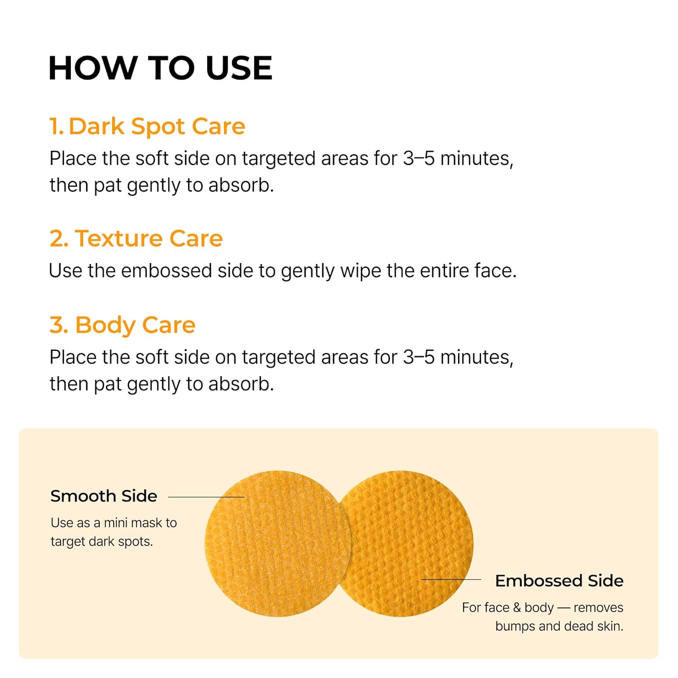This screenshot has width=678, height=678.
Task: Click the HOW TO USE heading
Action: point(160,68)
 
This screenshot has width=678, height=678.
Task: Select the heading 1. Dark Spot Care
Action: point(147,126)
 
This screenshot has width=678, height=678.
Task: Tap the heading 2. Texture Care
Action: point(136,238)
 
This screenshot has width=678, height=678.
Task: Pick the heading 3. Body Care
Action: point(122,325)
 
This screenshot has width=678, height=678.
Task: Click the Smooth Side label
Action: point(104,496)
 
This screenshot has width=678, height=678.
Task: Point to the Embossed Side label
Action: point(559,581)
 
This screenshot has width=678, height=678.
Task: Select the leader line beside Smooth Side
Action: point(206,497)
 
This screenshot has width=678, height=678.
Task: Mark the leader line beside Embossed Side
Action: point(451,579)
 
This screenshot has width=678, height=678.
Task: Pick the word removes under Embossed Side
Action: point(598,607)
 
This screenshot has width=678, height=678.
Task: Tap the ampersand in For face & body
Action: point(517,607)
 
